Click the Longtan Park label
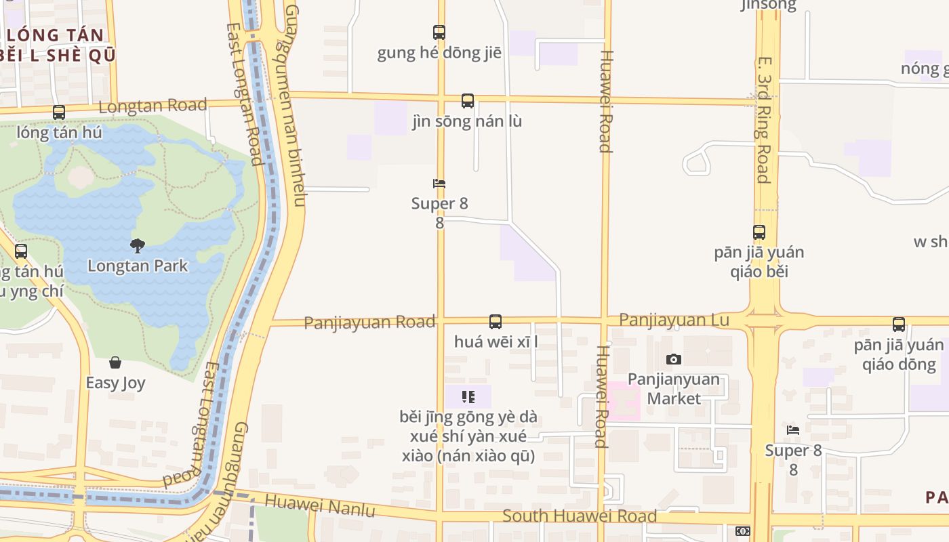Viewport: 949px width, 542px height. coord(138,266)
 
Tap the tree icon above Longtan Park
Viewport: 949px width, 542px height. coord(138,245)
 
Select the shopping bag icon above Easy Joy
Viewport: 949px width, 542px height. coord(115,362)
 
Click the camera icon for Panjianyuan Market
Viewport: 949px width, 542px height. coord(673,359)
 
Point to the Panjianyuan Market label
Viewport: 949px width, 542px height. coord(673,388)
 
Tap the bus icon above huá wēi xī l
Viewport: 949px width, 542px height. coord(496,322)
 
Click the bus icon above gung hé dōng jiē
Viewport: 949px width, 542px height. coord(439,32)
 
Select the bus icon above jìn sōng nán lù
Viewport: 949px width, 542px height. coord(468,101)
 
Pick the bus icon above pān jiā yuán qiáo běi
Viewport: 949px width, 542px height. coord(759,232)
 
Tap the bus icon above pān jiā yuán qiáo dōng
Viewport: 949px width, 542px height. coord(899,325)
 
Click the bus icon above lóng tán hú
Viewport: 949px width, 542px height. coord(59,112)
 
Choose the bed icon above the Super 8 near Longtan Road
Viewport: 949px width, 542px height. coord(439,184)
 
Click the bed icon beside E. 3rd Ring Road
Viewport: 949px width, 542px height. coord(793,430)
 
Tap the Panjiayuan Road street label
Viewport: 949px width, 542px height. coord(369,322)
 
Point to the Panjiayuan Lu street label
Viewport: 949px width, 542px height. coord(674,320)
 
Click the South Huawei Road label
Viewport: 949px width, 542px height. coord(580,516)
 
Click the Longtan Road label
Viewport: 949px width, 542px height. coord(153,106)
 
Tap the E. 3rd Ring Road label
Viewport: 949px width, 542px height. coord(763,119)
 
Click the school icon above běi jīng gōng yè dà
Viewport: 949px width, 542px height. coord(468,396)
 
